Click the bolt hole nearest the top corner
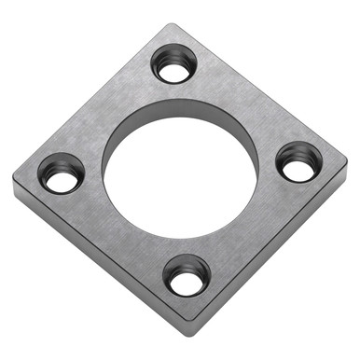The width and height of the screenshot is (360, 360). click(x=174, y=65)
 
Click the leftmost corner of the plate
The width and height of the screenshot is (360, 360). click(x=15, y=177)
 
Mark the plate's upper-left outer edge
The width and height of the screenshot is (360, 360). click(x=93, y=99)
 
